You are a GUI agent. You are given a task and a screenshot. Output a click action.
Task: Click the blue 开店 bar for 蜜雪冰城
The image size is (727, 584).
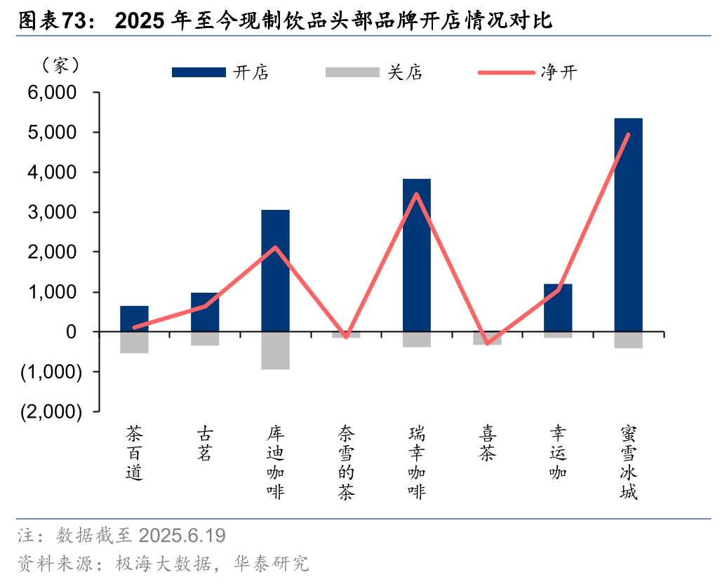[x=628, y=225]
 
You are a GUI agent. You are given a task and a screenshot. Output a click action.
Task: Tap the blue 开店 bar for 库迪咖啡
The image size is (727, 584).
[x=275, y=270]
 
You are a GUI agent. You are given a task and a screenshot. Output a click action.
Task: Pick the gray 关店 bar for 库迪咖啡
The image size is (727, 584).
[x=275, y=350]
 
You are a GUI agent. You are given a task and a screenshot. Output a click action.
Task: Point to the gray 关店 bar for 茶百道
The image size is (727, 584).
[x=134, y=343]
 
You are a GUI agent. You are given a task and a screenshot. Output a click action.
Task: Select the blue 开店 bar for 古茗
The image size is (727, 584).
[x=205, y=312]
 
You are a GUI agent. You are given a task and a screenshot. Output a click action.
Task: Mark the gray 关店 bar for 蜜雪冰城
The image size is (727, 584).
[x=628, y=340]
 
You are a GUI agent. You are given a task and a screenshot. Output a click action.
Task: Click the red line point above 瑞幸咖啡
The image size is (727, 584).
[x=417, y=194]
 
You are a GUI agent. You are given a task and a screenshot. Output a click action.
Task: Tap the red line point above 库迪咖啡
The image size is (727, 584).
[x=275, y=248]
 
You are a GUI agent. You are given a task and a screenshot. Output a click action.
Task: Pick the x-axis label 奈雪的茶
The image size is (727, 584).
[x=346, y=462]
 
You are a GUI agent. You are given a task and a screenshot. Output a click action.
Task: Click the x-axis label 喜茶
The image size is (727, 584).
[x=487, y=442]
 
